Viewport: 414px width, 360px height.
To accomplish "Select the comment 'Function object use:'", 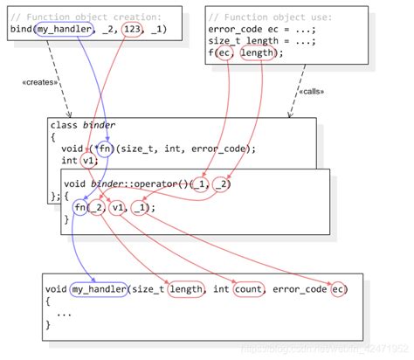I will (265, 15).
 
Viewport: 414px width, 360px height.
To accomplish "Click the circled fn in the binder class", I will (105, 148).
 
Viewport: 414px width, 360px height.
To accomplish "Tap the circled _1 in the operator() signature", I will (200, 183).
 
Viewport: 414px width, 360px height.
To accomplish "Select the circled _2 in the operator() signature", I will (222, 183).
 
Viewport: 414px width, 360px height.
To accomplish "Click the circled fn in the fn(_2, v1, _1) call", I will (80, 207).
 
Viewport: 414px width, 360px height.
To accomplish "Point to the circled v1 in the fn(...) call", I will (118, 207).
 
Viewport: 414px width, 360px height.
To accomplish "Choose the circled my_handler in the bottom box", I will (99, 288).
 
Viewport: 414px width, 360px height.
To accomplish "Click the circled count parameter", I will (249, 288).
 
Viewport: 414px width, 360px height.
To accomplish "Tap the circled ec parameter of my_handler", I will (338, 288).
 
